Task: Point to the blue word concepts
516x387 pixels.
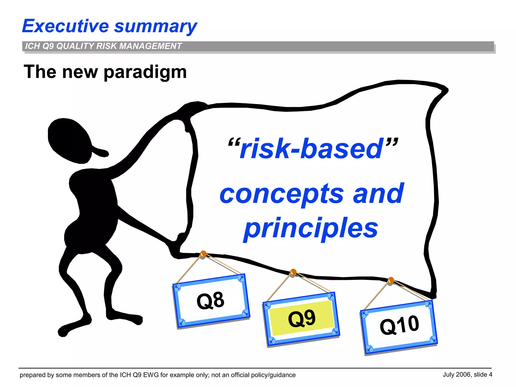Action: click(x=281, y=194)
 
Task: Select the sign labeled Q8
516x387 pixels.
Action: click(x=211, y=301)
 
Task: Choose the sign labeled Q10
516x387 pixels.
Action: click(x=399, y=326)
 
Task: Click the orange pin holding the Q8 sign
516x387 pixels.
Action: click(x=203, y=254)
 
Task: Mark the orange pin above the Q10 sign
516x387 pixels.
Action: click(x=391, y=280)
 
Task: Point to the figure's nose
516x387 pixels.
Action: click(x=101, y=151)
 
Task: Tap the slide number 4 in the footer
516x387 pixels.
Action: click(x=490, y=375)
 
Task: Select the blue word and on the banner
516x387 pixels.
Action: click(x=378, y=194)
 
